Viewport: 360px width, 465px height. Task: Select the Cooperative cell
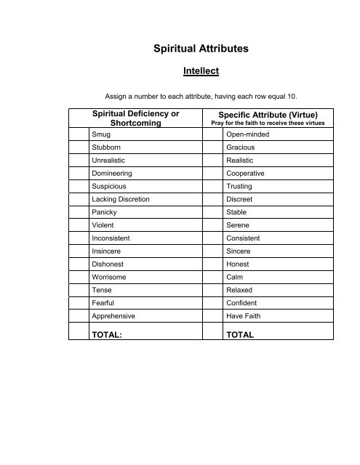point(246,174)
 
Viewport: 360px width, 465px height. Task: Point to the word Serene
point(239,225)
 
